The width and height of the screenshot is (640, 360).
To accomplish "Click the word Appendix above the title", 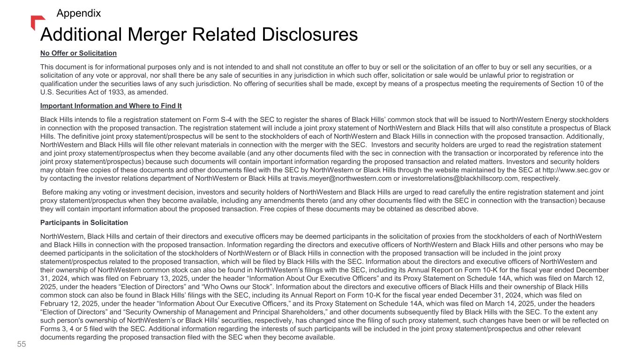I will click(x=78, y=13).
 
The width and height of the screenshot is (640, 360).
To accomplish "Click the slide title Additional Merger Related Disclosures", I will click(x=199, y=35).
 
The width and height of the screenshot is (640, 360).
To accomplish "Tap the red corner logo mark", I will click(x=37, y=22).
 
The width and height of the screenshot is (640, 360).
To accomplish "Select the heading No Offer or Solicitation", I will click(x=78, y=52).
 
